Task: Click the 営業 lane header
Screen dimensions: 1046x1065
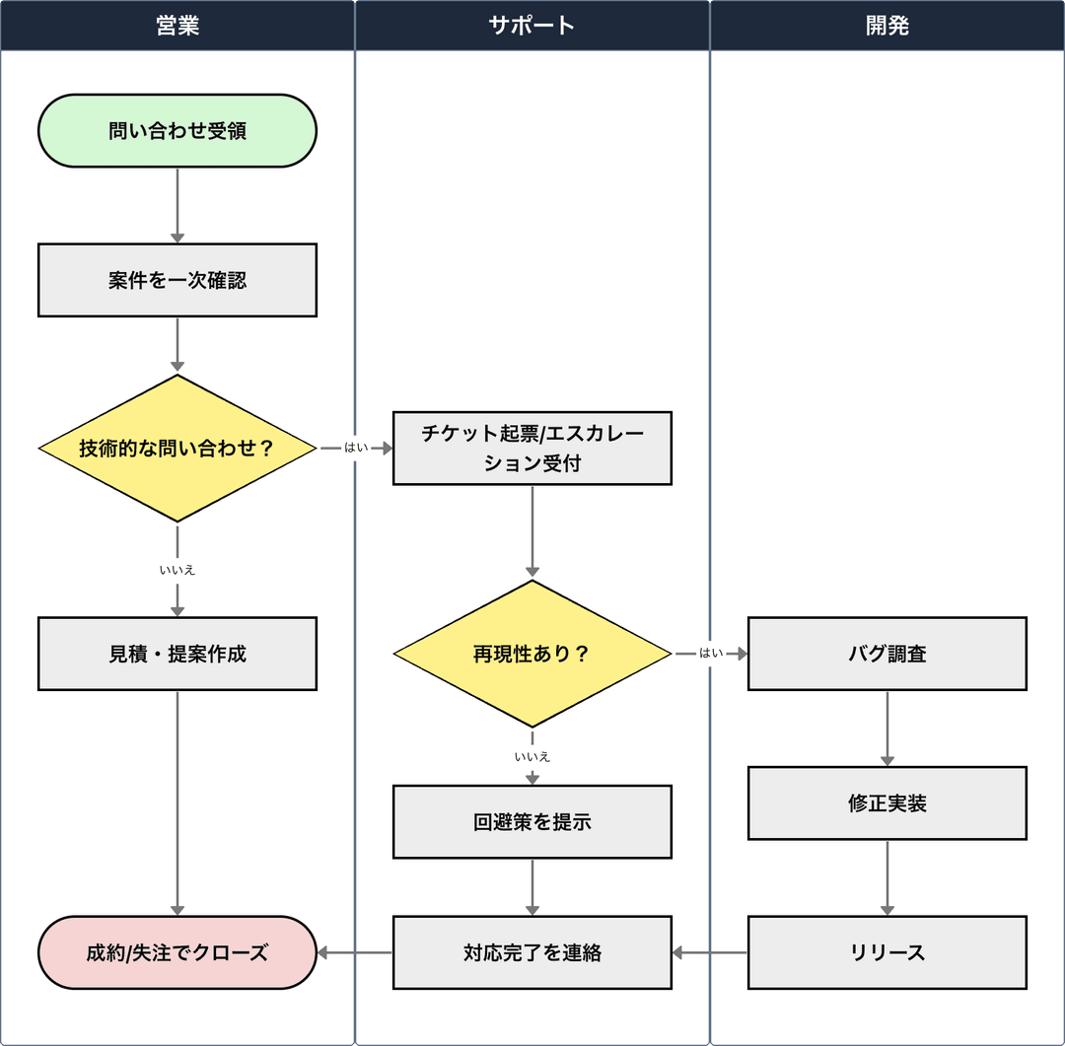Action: tap(177, 26)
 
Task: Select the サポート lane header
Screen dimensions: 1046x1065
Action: tap(532, 26)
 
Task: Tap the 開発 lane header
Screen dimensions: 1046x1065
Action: tap(887, 26)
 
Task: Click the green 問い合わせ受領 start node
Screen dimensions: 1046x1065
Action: tap(177, 131)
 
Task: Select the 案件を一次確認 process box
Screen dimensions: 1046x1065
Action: tap(177, 281)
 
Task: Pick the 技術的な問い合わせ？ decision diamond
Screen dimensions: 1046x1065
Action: tap(177, 449)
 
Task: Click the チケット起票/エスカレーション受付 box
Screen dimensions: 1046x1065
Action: tap(532, 449)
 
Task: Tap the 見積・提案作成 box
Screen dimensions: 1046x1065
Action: tap(177, 654)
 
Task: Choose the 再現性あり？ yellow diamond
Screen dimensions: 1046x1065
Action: tap(532, 654)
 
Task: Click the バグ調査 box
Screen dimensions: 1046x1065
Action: tap(887, 654)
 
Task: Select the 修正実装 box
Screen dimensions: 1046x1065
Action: tap(887, 803)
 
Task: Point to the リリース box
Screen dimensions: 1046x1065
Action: tap(887, 953)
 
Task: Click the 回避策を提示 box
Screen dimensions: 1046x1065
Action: tap(532, 822)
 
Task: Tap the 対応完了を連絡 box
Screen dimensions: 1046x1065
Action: tap(532, 953)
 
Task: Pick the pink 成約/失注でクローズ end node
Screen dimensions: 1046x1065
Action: tap(177, 953)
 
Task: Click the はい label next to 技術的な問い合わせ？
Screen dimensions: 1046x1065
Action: tap(356, 449)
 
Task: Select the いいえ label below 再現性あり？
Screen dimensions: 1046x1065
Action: tap(532, 757)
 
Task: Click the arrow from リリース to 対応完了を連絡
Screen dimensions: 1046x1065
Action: tap(710, 953)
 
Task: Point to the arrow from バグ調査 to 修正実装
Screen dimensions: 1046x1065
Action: tap(887, 729)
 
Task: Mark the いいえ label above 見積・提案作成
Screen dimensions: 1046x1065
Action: tap(177, 570)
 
